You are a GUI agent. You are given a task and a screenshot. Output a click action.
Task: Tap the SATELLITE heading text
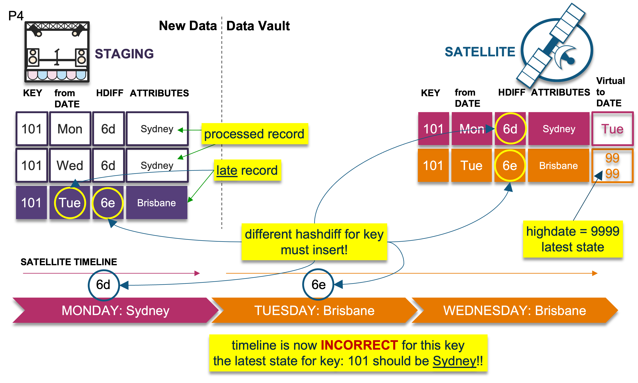[480, 52]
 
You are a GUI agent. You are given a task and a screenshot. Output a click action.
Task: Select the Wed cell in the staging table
[70, 165]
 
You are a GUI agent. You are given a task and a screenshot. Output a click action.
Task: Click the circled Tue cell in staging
[70, 203]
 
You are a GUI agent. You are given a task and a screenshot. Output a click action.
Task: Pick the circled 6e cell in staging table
[108, 203]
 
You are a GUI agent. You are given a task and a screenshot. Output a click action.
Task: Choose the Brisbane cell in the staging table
[157, 203]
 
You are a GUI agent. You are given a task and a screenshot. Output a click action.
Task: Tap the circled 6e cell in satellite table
[510, 165]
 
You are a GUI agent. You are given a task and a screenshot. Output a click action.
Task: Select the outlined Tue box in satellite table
[612, 129]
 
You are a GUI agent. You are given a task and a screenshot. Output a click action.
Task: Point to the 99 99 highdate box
[612, 165]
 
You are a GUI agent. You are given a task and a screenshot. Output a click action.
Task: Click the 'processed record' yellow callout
[254, 134]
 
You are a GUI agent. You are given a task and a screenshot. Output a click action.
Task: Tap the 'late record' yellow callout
[247, 170]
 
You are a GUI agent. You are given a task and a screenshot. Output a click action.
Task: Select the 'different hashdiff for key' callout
[314, 242]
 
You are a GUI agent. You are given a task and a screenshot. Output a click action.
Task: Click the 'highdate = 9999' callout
[573, 239]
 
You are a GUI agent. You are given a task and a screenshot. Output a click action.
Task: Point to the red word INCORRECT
[359, 345]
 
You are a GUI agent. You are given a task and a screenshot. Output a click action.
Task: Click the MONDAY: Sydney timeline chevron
[115, 310]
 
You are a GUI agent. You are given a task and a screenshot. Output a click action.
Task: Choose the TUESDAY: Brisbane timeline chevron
[314, 310]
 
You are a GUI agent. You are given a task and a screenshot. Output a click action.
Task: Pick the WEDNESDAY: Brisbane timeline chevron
[514, 310]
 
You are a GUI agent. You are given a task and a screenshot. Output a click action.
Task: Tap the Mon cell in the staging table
[70, 129]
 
